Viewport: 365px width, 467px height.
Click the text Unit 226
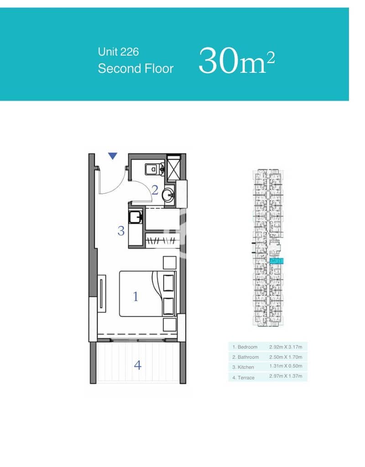(118, 52)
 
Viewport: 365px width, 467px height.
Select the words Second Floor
(136, 68)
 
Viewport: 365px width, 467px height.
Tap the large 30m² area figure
(237, 61)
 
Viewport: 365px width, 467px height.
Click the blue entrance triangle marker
(112, 156)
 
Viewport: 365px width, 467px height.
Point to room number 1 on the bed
(136, 296)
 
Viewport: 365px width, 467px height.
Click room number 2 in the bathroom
(155, 190)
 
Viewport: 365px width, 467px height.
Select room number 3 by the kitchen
(120, 231)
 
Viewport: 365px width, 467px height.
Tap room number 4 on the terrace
(137, 365)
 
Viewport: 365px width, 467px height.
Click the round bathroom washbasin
(168, 196)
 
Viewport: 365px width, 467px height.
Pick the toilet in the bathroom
(155, 169)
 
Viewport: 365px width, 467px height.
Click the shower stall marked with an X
(174, 168)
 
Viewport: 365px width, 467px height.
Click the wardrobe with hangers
(163, 240)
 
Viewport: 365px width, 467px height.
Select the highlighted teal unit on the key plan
(276, 261)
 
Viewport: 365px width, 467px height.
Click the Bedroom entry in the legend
(245, 347)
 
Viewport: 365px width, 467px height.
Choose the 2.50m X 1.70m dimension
(286, 357)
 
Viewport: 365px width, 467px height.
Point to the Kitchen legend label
(243, 367)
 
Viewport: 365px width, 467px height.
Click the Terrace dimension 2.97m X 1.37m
(286, 376)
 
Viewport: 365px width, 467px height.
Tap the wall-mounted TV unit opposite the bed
(102, 293)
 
